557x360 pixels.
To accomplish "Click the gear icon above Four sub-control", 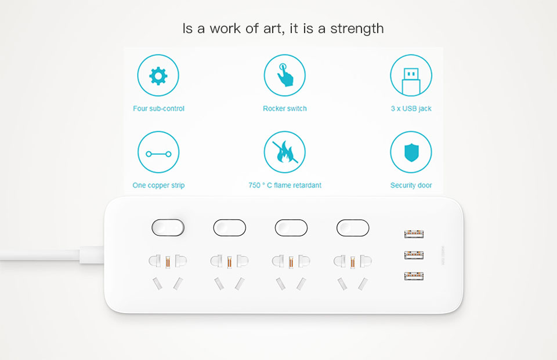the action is (158, 75).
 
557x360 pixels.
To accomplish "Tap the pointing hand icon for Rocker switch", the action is (284, 75).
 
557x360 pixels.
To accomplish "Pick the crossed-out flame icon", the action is (284, 152).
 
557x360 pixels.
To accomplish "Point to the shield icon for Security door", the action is (411, 152).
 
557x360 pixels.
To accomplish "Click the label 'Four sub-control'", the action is (158, 108).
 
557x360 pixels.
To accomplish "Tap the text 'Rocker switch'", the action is (284, 108).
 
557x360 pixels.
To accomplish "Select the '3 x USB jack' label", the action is (411, 108).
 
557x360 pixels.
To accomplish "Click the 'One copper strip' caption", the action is (158, 186).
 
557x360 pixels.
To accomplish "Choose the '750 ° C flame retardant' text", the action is (285, 185).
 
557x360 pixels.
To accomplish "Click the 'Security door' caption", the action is (411, 186).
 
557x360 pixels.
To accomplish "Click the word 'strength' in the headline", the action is (357, 29).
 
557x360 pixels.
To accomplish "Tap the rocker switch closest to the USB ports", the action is (353, 228).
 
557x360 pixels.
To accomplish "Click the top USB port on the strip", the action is (414, 234).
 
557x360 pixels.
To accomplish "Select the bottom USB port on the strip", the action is (414, 276).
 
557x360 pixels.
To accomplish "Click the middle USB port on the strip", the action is (414, 255).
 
